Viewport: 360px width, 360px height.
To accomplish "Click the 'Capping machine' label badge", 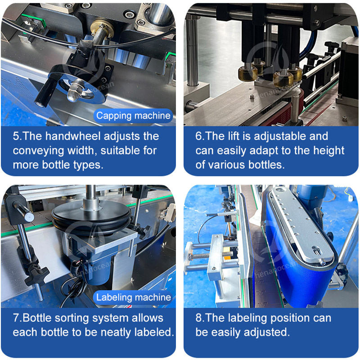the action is pyautogui.click(x=133, y=116).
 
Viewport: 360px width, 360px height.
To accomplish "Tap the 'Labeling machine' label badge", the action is pyautogui.click(x=133, y=297).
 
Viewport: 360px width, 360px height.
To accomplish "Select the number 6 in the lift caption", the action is pyautogui.click(x=198, y=136).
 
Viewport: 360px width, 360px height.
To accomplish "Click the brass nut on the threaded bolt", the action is pyautogui.click(x=102, y=27).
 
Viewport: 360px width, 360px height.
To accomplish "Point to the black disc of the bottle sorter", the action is pyautogui.click(x=91, y=217).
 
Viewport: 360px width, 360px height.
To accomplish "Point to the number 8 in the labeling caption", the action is pyautogui.click(x=198, y=318).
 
